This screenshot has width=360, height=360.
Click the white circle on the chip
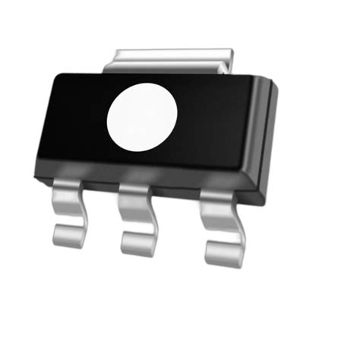(142, 118)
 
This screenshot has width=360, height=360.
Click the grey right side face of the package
(266, 144)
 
